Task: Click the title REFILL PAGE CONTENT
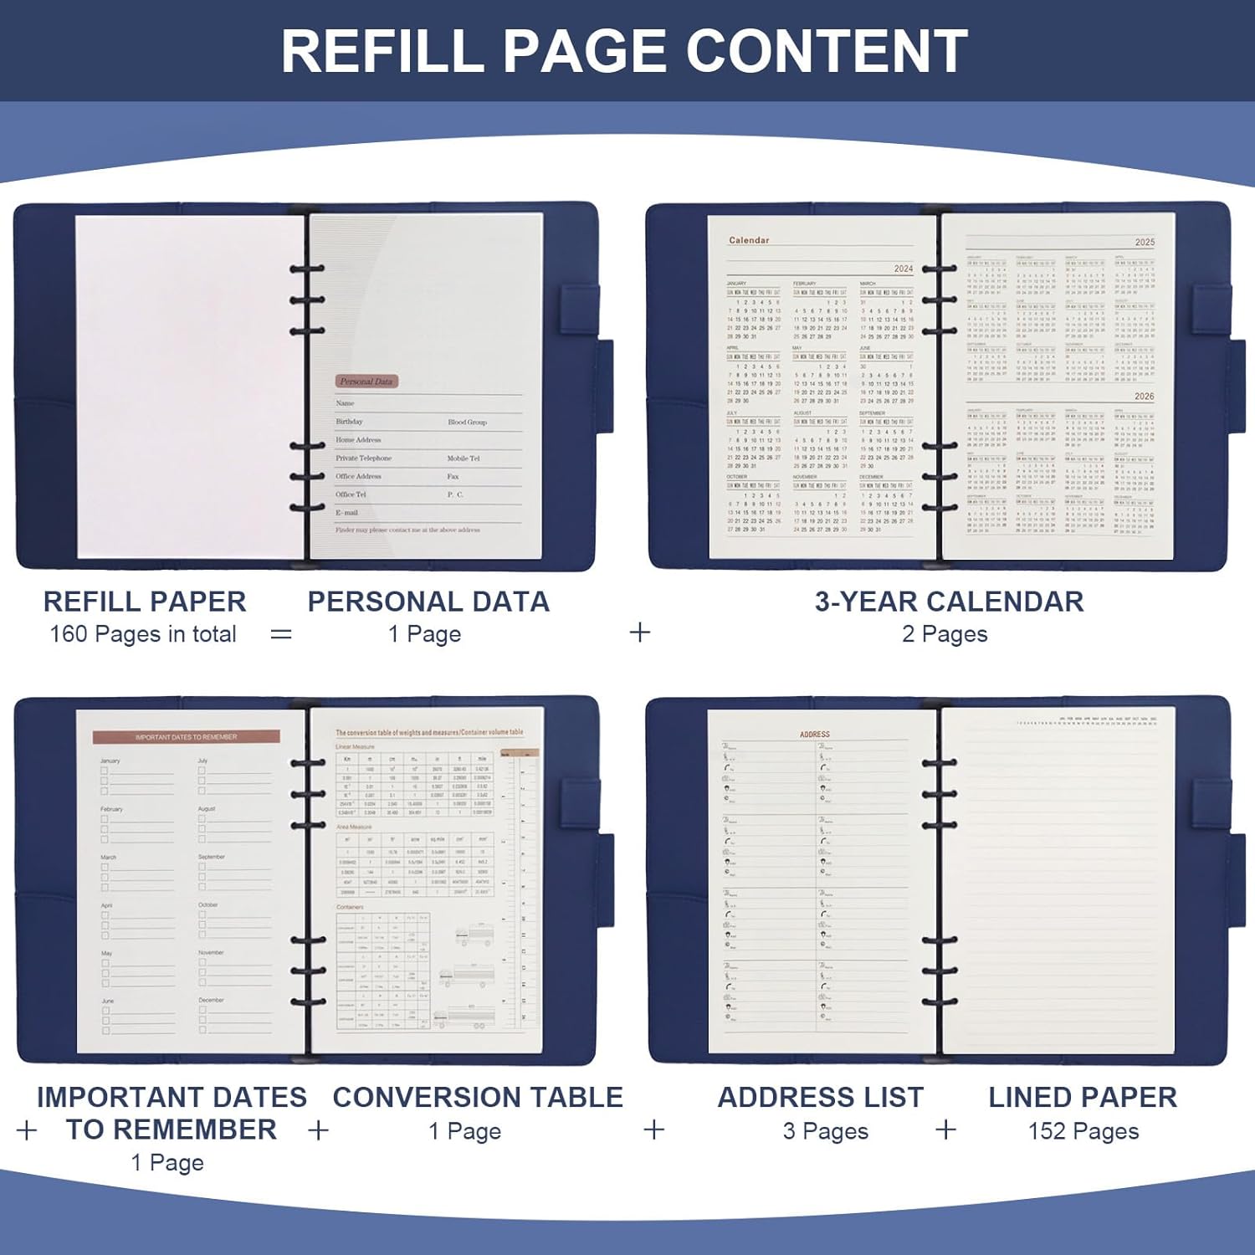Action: click(x=624, y=52)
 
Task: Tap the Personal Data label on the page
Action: click(x=366, y=382)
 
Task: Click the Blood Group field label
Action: click(x=467, y=423)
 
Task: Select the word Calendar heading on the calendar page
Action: click(x=749, y=240)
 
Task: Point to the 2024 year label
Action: click(x=904, y=269)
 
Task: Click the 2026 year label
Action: click(x=1145, y=396)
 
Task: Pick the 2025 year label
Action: click(x=1145, y=242)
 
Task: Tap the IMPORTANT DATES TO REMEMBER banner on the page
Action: click(x=186, y=737)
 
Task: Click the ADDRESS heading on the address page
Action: click(x=814, y=735)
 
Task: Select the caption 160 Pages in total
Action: click(x=143, y=634)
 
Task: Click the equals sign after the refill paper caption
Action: click(x=281, y=634)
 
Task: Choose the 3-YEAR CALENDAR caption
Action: click(x=949, y=602)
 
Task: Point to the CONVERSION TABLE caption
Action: click(x=478, y=1097)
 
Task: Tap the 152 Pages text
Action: click(x=1083, y=1131)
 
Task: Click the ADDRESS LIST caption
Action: click(x=821, y=1097)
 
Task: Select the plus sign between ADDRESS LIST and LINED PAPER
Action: click(x=945, y=1129)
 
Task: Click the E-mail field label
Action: click(x=346, y=513)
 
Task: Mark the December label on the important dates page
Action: click(x=212, y=1001)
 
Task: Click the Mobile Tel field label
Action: click(x=464, y=458)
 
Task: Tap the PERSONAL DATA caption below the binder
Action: click(x=428, y=602)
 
